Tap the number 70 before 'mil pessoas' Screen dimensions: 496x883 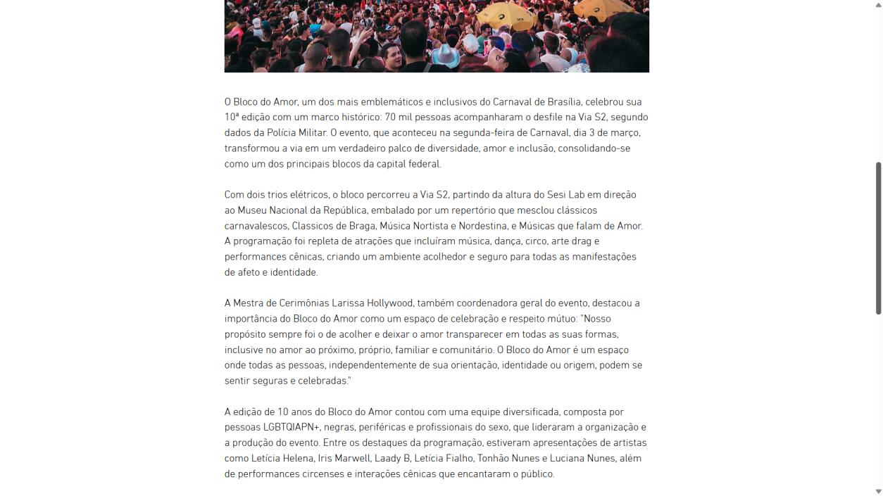click(390, 117)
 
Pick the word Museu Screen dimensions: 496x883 click(253, 210)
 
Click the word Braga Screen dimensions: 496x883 click(361, 226)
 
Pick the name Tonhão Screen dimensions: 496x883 click(494, 458)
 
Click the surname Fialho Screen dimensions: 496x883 click(456, 458)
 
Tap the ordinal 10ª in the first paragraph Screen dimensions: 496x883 click(232, 117)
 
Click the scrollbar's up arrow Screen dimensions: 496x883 click(878, 5)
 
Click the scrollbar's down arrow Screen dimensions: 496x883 click(878, 491)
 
